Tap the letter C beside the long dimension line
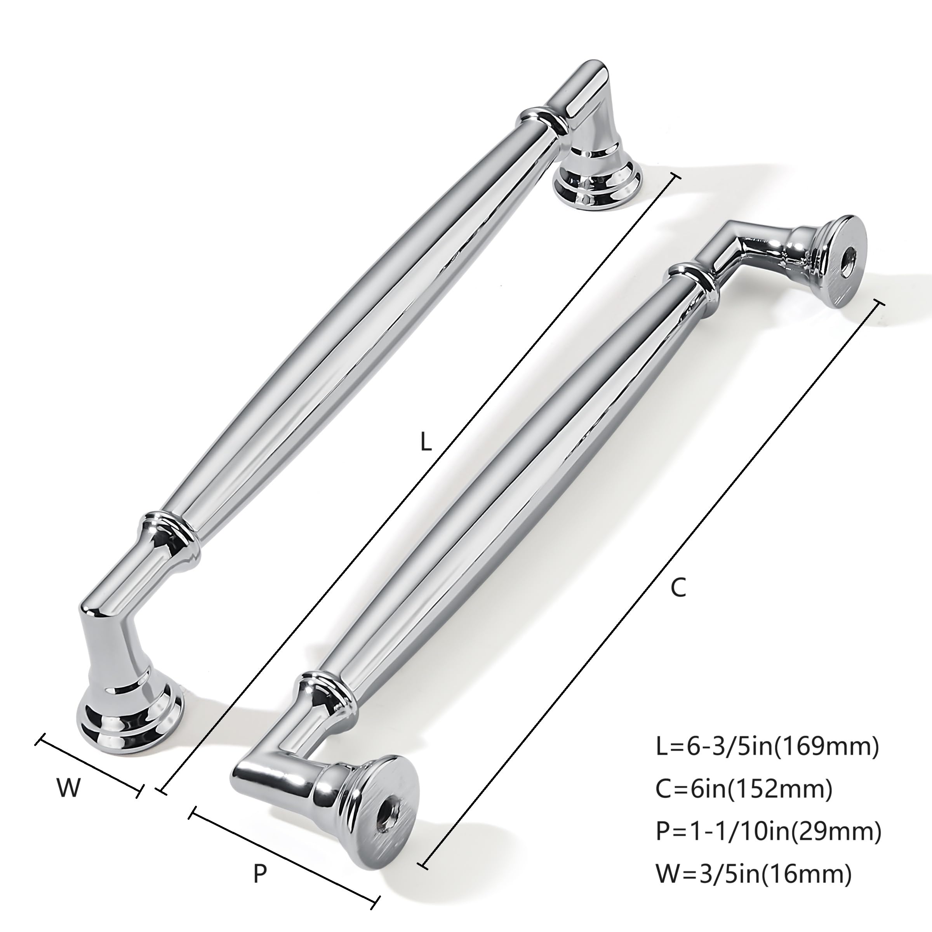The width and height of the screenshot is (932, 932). tap(678, 588)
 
